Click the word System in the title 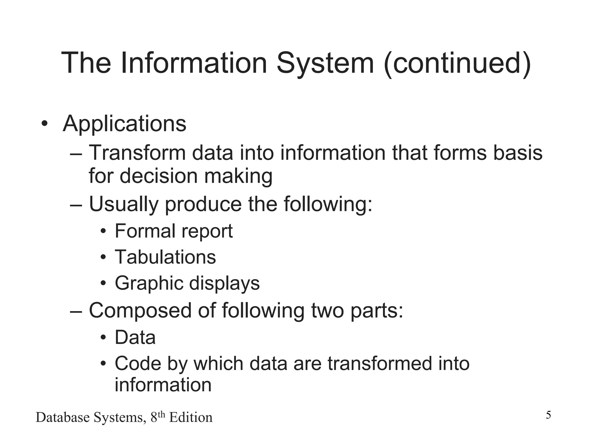coord(325,63)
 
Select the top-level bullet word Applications coord(124,124)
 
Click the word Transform coord(137,153)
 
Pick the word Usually coord(124,204)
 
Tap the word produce coord(203,204)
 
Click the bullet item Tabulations coord(165,257)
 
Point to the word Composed coord(140,310)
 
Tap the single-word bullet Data coord(135,337)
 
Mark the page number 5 coord(548,415)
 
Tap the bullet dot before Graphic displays coord(103,284)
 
